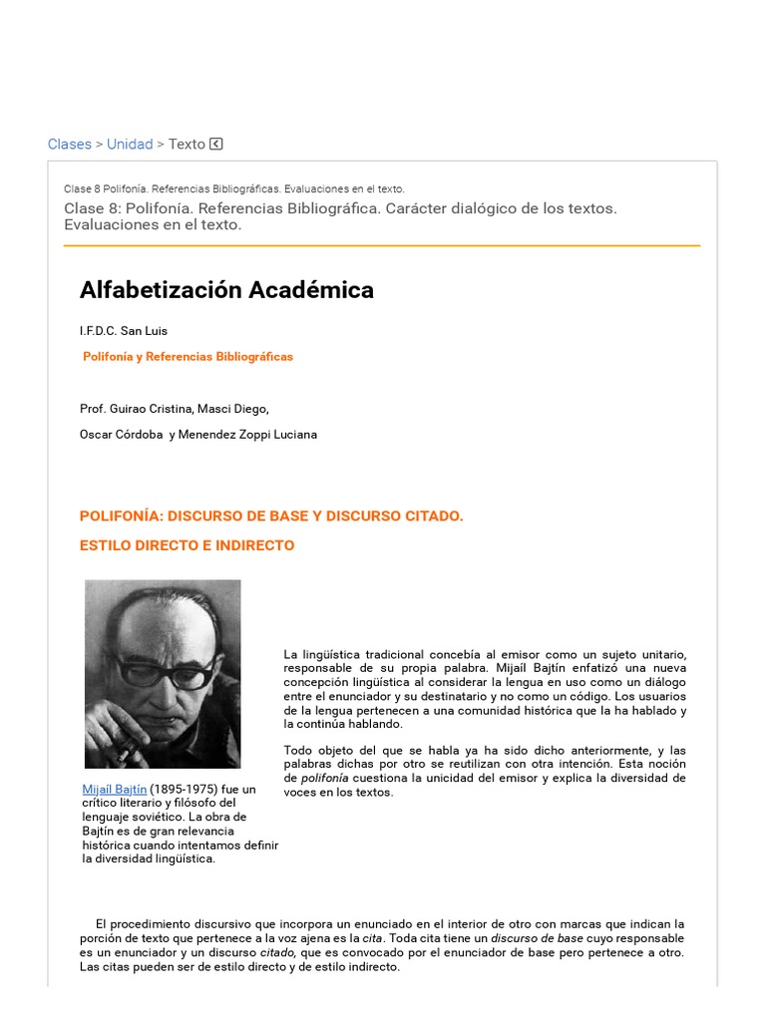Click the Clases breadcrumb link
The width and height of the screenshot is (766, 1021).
pyautogui.click(x=70, y=144)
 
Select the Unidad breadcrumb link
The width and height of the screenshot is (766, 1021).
pyautogui.click(x=130, y=144)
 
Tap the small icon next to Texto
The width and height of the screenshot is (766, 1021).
pyautogui.click(x=216, y=144)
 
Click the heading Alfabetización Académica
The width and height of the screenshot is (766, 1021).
pyautogui.click(x=226, y=290)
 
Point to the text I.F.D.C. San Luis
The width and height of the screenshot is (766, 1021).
pyautogui.click(x=124, y=331)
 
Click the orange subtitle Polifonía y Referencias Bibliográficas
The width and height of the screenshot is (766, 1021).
pyautogui.click(x=188, y=356)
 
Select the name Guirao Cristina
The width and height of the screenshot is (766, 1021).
pyautogui.click(x=152, y=408)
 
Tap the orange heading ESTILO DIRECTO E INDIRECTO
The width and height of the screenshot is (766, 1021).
pyautogui.click(x=187, y=545)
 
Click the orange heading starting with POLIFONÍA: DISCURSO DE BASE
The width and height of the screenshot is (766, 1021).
pyautogui.click(x=271, y=515)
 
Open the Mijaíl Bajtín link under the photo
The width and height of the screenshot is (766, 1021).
pyautogui.click(x=115, y=789)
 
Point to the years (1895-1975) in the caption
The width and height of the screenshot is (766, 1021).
pyautogui.click(x=183, y=789)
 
